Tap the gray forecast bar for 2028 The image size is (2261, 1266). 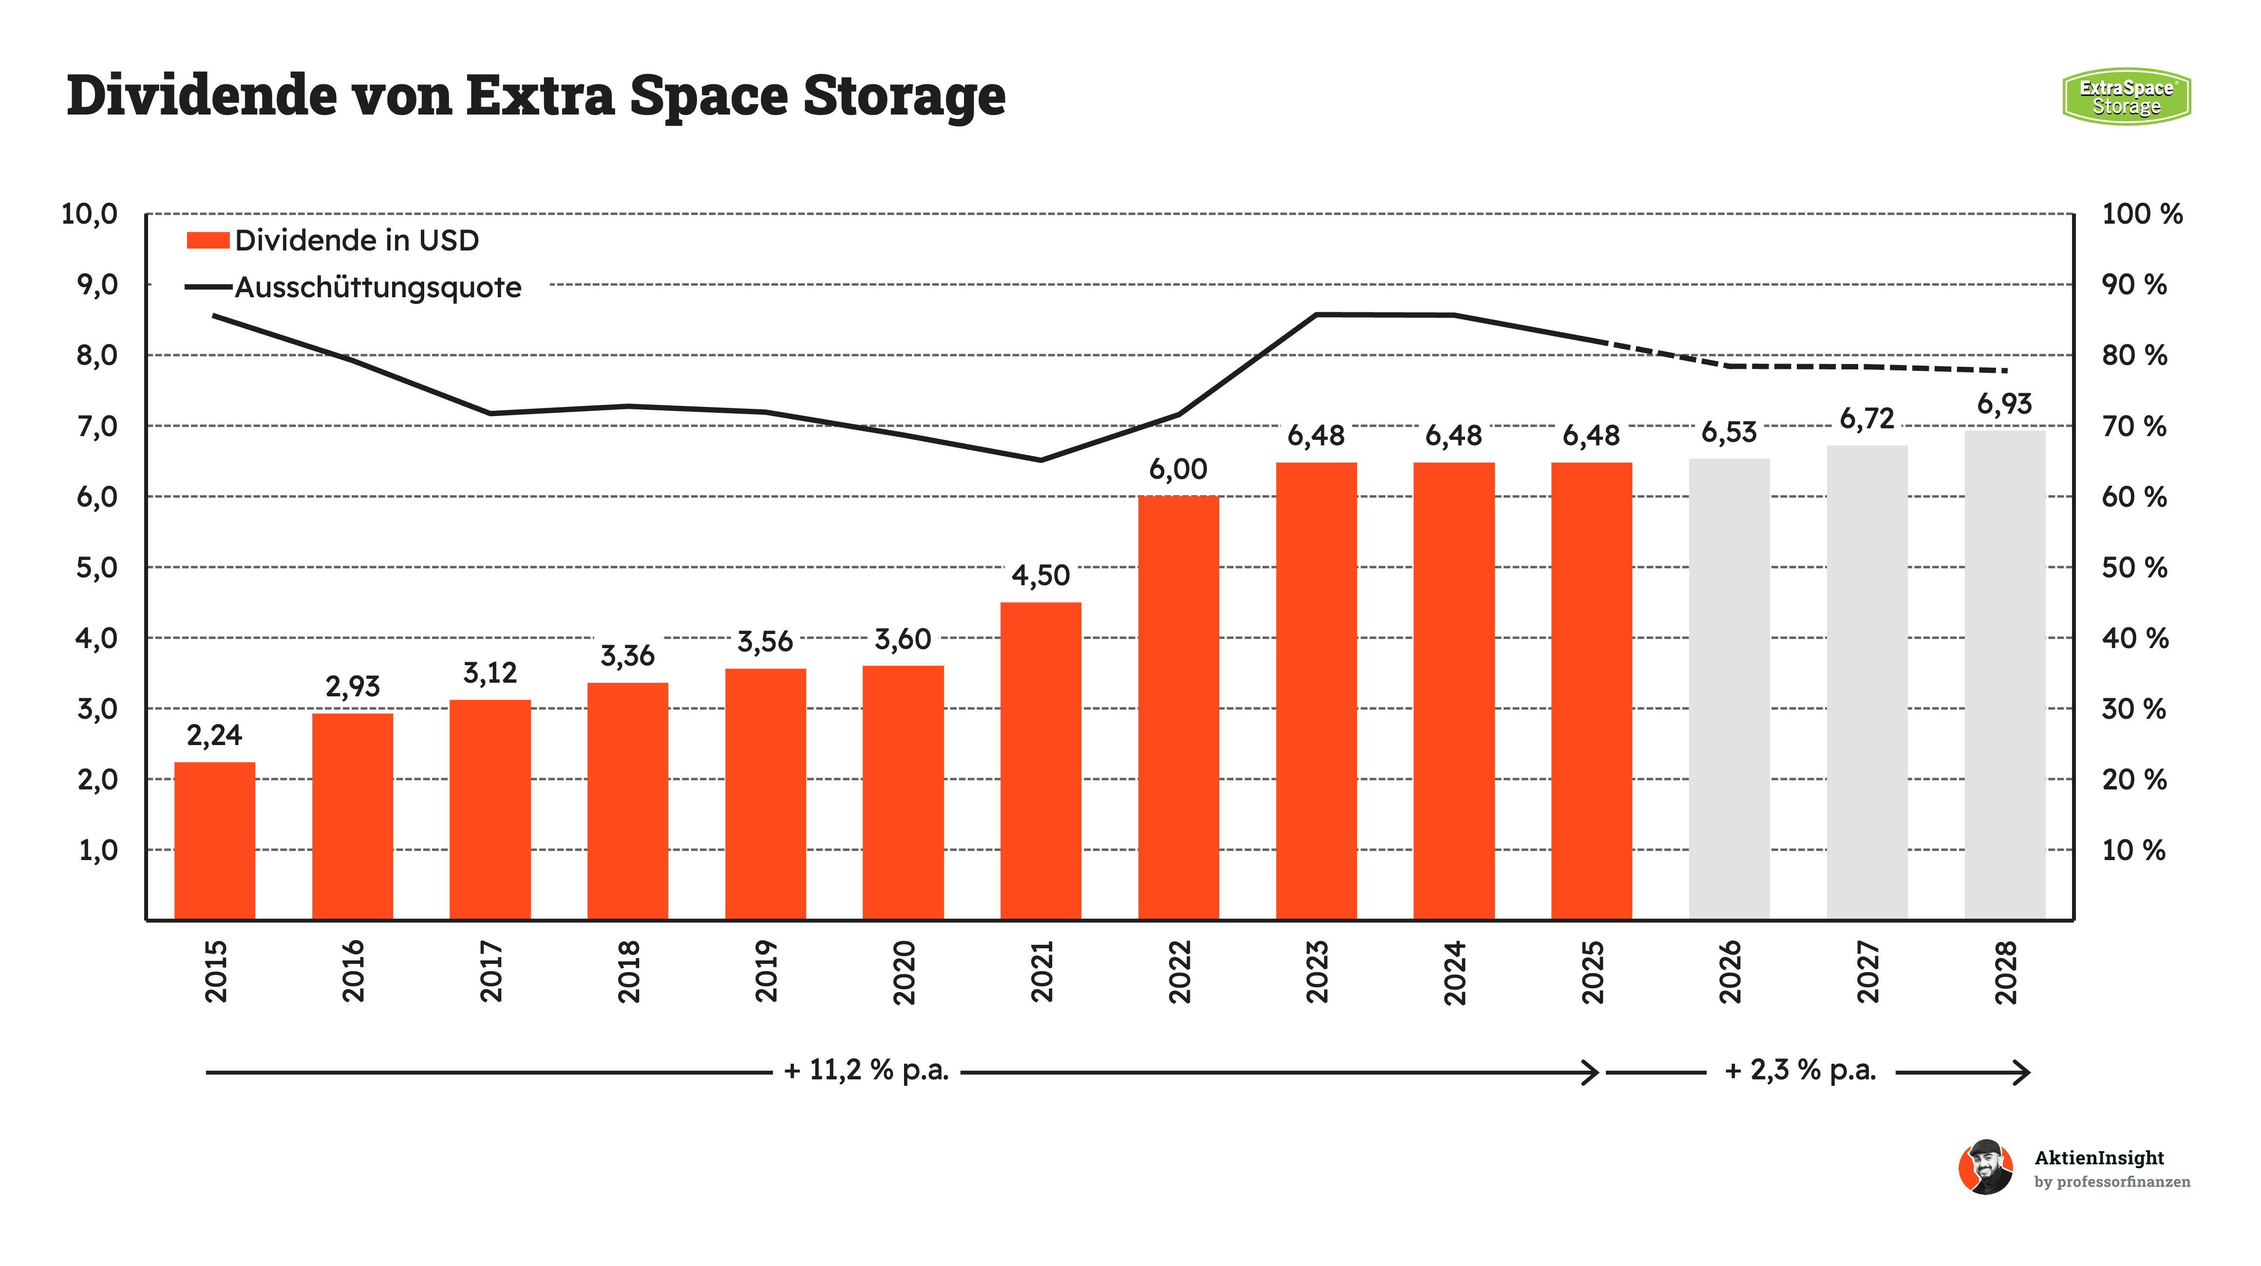tap(2005, 674)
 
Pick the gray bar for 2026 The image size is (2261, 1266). tap(1729, 689)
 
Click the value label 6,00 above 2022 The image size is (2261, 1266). tap(1178, 470)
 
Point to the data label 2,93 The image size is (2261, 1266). tap(353, 687)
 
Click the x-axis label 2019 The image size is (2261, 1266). tap(766, 971)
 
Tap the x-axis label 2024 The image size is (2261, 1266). tap(1454, 972)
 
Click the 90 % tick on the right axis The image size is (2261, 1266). tap(2134, 285)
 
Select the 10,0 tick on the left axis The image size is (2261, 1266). tap(89, 213)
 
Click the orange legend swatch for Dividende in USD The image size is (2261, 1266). tap(208, 240)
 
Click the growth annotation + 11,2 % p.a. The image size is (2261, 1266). tap(867, 1070)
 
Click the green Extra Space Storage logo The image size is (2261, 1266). tap(2126, 96)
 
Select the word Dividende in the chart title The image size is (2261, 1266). tap(202, 95)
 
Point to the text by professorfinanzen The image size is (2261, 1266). tap(2112, 1182)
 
